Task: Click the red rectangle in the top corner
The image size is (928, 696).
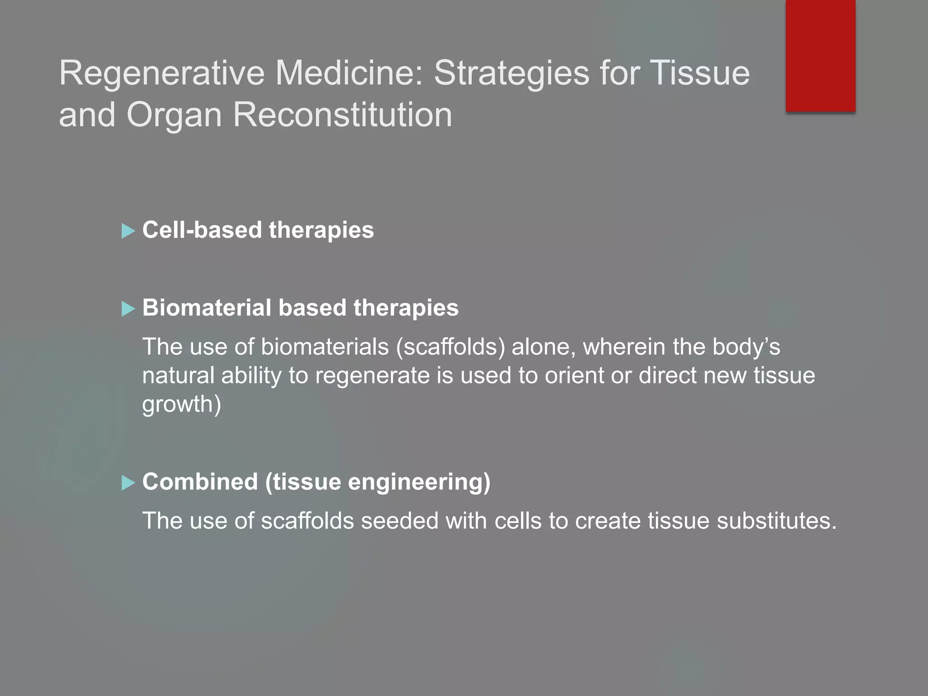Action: [x=820, y=55]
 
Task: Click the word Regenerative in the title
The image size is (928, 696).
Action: [x=162, y=73]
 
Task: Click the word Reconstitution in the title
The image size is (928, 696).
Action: [x=343, y=115]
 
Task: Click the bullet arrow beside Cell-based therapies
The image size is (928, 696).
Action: [x=128, y=231]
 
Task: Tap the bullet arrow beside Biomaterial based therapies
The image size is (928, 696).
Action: [x=128, y=309]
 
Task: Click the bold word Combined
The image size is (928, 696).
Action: [x=200, y=482]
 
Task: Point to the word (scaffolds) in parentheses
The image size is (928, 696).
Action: [x=450, y=347]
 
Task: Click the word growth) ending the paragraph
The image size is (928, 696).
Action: [x=182, y=404]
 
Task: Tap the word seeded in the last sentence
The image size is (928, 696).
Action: [x=399, y=521]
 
